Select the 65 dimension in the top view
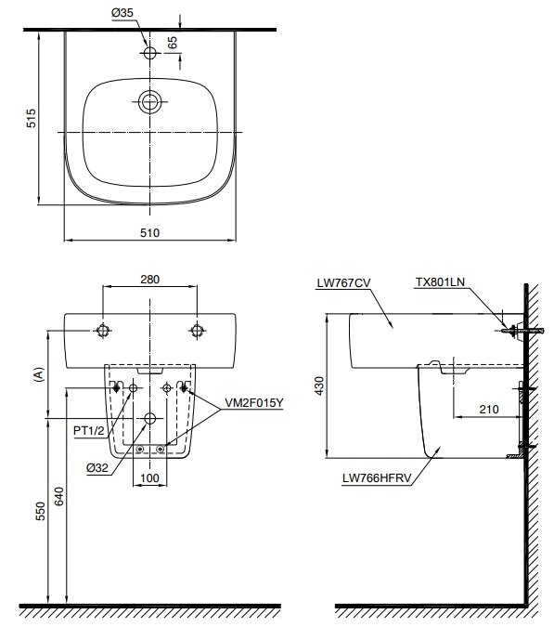[x=174, y=43]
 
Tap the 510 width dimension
[x=150, y=234]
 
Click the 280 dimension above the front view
[x=150, y=278]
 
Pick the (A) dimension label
[x=38, y=374]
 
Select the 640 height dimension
[x=59, y=498]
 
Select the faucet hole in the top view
[x=150, y=54]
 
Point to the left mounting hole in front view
[x=103, y=330]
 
